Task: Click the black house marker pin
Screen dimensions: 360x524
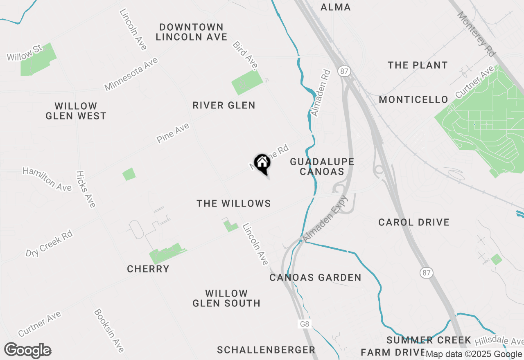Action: point(262,164)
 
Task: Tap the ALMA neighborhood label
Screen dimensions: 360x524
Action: point(336,7)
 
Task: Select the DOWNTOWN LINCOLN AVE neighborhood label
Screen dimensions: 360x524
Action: point(192,32)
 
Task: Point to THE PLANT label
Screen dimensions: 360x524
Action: point(418,65)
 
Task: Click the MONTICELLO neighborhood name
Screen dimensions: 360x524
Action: point(413,99)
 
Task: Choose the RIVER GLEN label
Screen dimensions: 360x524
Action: point(224,105)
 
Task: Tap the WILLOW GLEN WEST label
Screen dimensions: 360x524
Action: point(76,111)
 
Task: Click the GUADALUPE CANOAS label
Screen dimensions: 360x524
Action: point(322,166)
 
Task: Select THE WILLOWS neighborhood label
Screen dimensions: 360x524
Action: point(234,203)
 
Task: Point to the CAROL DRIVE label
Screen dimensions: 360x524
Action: point(414,222)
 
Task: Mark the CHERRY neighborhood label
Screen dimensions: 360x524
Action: point(148,269)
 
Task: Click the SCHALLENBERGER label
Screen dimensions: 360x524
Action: point(266,350)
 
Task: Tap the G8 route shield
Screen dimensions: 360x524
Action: point(304,324)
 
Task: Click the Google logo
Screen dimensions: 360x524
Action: point(28,351)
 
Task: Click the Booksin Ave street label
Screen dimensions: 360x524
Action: point(108,330)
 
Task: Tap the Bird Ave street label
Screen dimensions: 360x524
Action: point(246,55)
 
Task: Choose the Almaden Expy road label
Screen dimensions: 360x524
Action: point(325,219)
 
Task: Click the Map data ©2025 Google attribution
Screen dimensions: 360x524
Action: point(474,354)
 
